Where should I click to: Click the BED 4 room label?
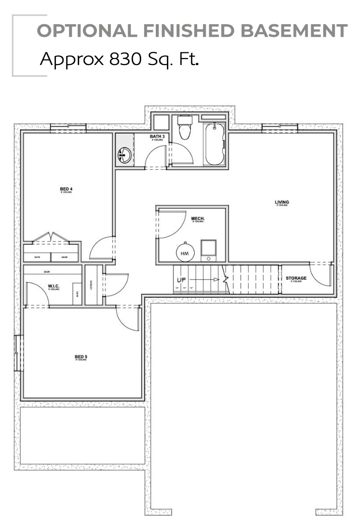(x=66, y=189)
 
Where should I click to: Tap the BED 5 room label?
(x=81, y=357)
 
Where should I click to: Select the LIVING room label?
(x=282, y=203)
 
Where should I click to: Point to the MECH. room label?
(x=198, y=218)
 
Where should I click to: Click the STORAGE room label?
(x=296, y=278)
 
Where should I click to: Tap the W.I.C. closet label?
(x=54, y=286)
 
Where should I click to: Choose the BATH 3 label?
(x=157, y=137)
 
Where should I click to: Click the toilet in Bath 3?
(x=184, y=128)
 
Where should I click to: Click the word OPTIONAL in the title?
(x=86, y=31)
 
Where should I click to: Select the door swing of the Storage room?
(x=319, y=275)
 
